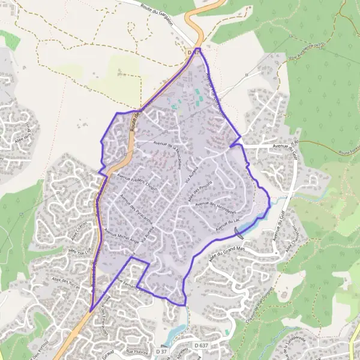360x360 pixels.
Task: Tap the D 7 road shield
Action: [192, 52]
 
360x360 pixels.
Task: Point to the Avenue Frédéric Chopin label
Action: [138, 182]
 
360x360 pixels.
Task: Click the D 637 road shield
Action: [201, 346]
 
